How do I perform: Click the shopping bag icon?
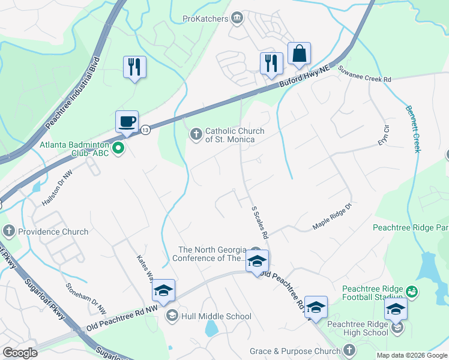pyautogui.click(x=299, y=54)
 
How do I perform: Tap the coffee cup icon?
pyautogui.click(x=127, y=122)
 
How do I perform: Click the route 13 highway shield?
pyautogui.click(x=145, y=129)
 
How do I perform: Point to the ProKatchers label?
pyautogui.click(x=206, y=19)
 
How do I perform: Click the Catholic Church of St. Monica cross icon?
pyautogui.click(x=196, y=134)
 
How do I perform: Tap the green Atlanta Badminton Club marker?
pyautogui.click(x=119, y=148)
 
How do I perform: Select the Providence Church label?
pyautogui.click(x=53, y=232)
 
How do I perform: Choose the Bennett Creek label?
pyautogui.click(x=413, y=129)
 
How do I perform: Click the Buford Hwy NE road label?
pyautogui.click(x=305, y=77)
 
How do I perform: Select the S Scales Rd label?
pyautogui.click(x=259, y=221)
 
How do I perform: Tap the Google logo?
pyautogui.click(x=21, y=353)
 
